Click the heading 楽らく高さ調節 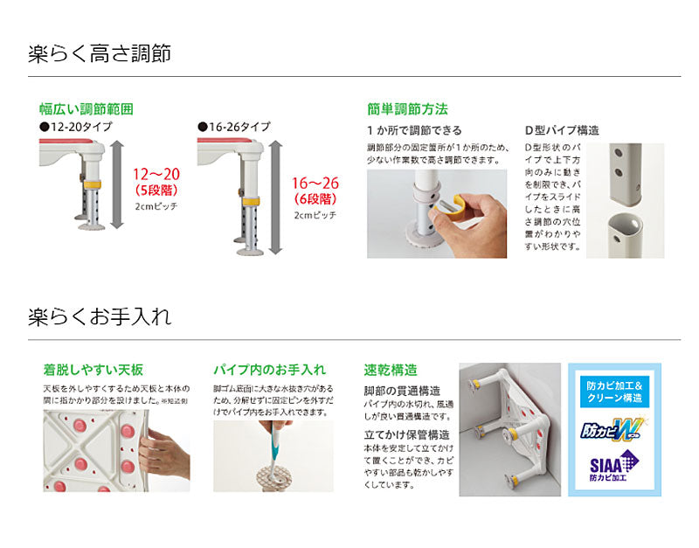point(100,53)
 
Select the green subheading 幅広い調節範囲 point(86,109)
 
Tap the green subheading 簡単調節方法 point(407,109)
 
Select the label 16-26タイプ point(233,127)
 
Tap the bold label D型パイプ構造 point(562,130)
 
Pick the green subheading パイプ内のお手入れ point(269,369)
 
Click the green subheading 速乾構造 point(390,369)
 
